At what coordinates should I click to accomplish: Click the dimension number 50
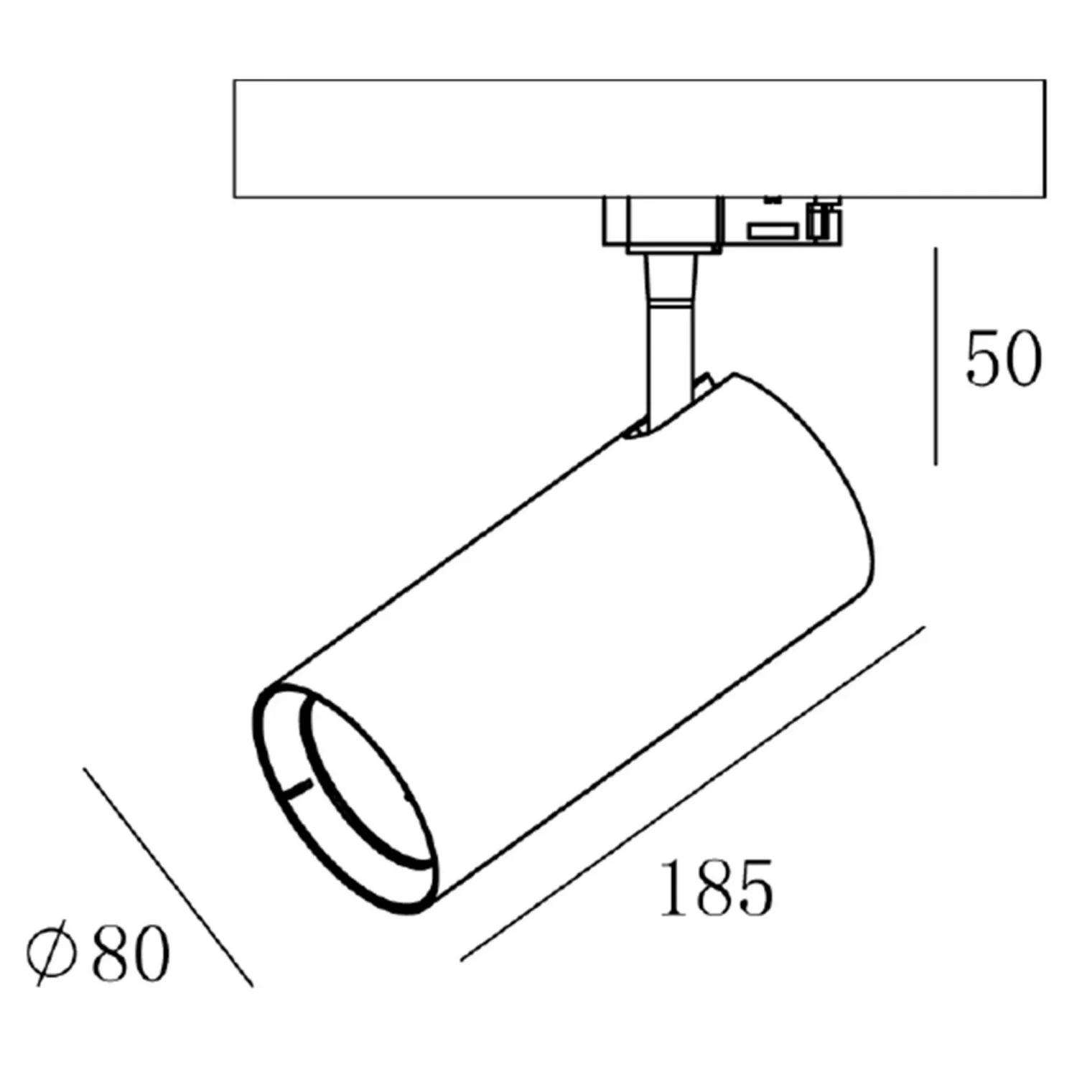1002,359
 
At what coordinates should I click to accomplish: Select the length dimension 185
716,888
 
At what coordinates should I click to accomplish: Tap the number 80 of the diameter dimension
131,953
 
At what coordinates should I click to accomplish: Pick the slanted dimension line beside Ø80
167,877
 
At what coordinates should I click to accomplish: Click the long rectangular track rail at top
639,139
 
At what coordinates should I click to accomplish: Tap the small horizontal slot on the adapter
773,230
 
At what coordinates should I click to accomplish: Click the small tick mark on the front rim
296,788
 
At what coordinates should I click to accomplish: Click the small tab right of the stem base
702,383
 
